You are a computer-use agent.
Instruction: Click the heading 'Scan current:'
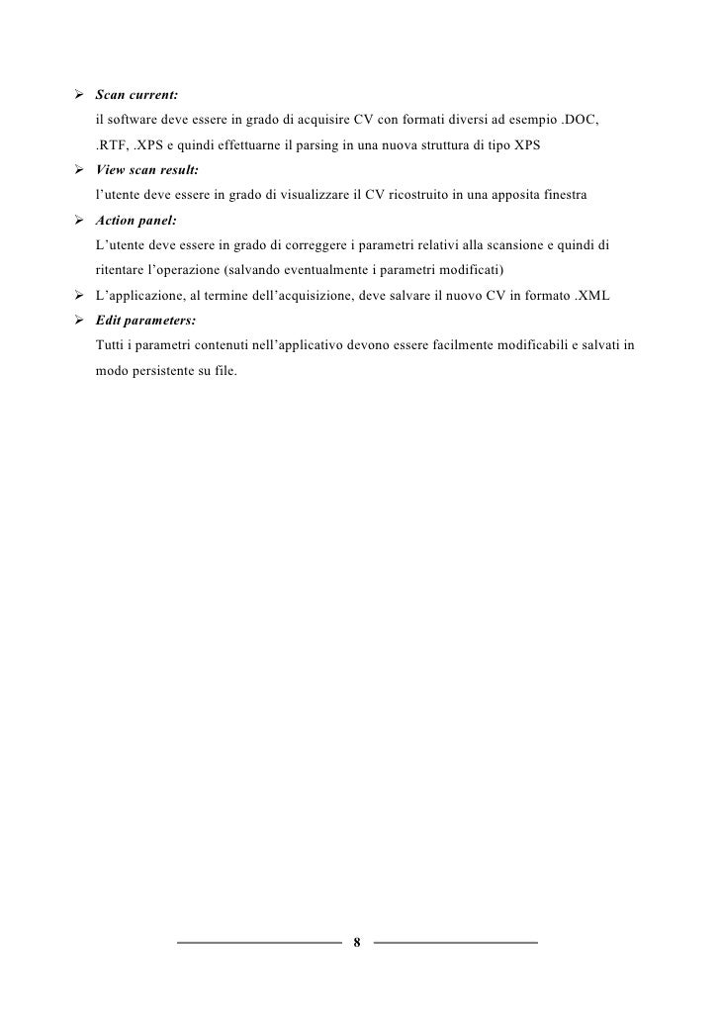[x=136, y=96]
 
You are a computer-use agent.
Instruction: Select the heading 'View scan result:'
[x=147, y=171]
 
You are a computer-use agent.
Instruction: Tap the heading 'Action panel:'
[x=135, y=222]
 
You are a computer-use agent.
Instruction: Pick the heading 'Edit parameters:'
[x=144, y=322]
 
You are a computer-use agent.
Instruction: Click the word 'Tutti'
[x=109, y=346]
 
